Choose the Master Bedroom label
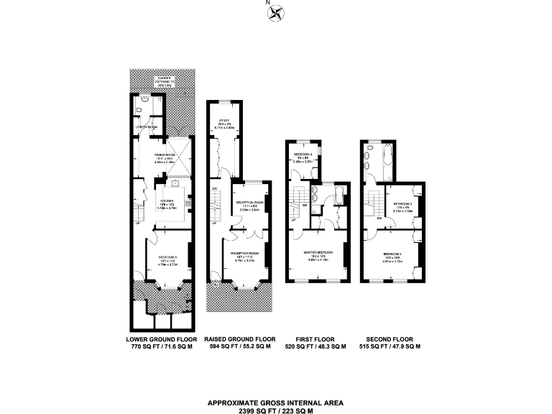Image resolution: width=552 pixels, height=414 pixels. coord(317,254)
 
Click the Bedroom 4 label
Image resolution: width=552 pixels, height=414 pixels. coord(303,156)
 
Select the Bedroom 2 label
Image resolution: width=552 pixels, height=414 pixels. coord(392,254)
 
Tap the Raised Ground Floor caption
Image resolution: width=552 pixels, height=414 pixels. coord(239,339)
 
